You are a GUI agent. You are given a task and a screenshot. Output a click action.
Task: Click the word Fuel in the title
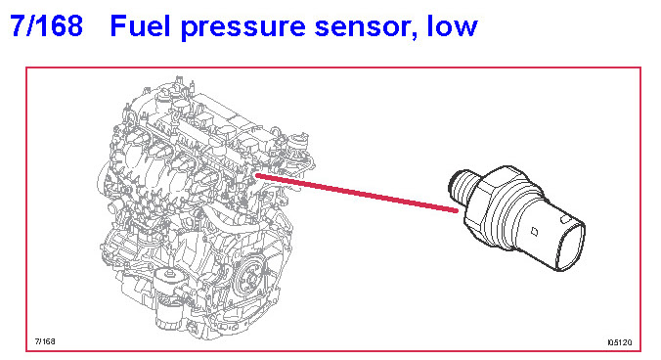pyautogui.click(x=141, y=25)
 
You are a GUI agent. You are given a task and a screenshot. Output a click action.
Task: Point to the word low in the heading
pyautogui.click(x=453, y=25)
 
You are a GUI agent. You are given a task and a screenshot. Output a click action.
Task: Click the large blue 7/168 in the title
pyautogui.click(x=46, y=25)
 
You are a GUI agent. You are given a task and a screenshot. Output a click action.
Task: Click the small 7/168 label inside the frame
pyautogui.click(x=45, y=341)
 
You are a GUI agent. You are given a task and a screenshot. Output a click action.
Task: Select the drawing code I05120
pyautogui.click(x=620, y=342)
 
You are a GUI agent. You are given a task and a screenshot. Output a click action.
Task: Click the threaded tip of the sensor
pyautogui.click(x=463, y=188)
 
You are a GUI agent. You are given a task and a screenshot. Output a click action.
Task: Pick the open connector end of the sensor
pyautogui.click(x=570, y=247)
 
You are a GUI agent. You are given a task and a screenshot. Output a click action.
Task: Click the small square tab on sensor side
pyautogui.click(x=534, y=232)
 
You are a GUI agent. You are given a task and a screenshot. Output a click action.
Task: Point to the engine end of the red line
pyautogui.click(x=257, y=175)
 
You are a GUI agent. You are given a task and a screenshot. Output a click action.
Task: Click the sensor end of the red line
pyautogui.click(x=457, y=210)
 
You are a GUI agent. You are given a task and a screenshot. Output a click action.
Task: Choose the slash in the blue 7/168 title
pyautogui.click(x=34, y=25)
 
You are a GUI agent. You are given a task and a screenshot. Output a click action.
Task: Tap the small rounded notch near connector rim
pyautogui.click(x=563, y=219)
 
